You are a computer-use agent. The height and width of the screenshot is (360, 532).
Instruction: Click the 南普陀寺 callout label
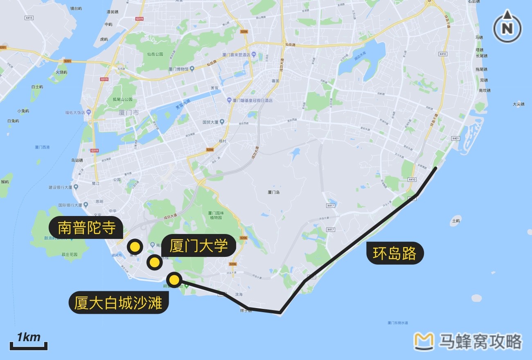(86, 228)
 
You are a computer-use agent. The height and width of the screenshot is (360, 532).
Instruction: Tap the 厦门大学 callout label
(198, 246)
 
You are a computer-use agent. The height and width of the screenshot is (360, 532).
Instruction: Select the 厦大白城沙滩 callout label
(118, 303)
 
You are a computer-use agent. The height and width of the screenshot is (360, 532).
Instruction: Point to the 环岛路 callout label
(394, 253)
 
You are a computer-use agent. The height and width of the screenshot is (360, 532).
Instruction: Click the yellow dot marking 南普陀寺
(134, 247)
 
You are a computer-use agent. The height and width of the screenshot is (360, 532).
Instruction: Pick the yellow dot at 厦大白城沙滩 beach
(175, 280)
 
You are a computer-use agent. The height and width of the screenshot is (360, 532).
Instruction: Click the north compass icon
(507, 28)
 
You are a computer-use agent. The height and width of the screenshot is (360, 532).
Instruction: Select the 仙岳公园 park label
(156, 54)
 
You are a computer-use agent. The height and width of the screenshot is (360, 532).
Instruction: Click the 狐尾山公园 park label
(123, 99)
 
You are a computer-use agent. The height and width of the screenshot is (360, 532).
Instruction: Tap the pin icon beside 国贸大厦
(222, 122)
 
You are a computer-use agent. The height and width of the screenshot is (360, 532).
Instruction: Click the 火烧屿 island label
(61, 72)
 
